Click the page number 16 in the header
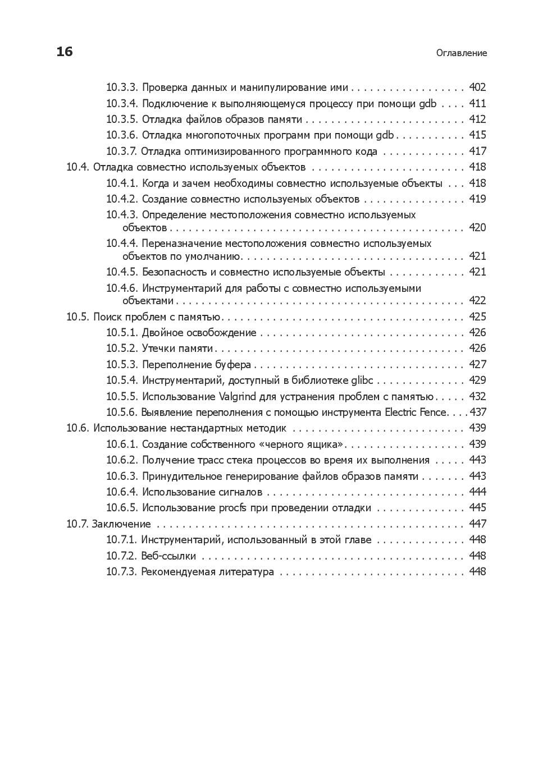click(65, 52)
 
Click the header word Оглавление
click(462, 53)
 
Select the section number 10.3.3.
click(122, 88)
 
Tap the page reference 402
click(477, 88)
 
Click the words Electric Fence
click(416, 413)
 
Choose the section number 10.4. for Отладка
click(78, 167)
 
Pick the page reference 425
click(477, 317)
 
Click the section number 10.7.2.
click(122, 556)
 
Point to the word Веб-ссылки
click(168, 556)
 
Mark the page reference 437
click(478, 413)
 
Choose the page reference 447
click(477, 524)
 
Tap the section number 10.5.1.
click(122, 333)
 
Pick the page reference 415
click(477, 135)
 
